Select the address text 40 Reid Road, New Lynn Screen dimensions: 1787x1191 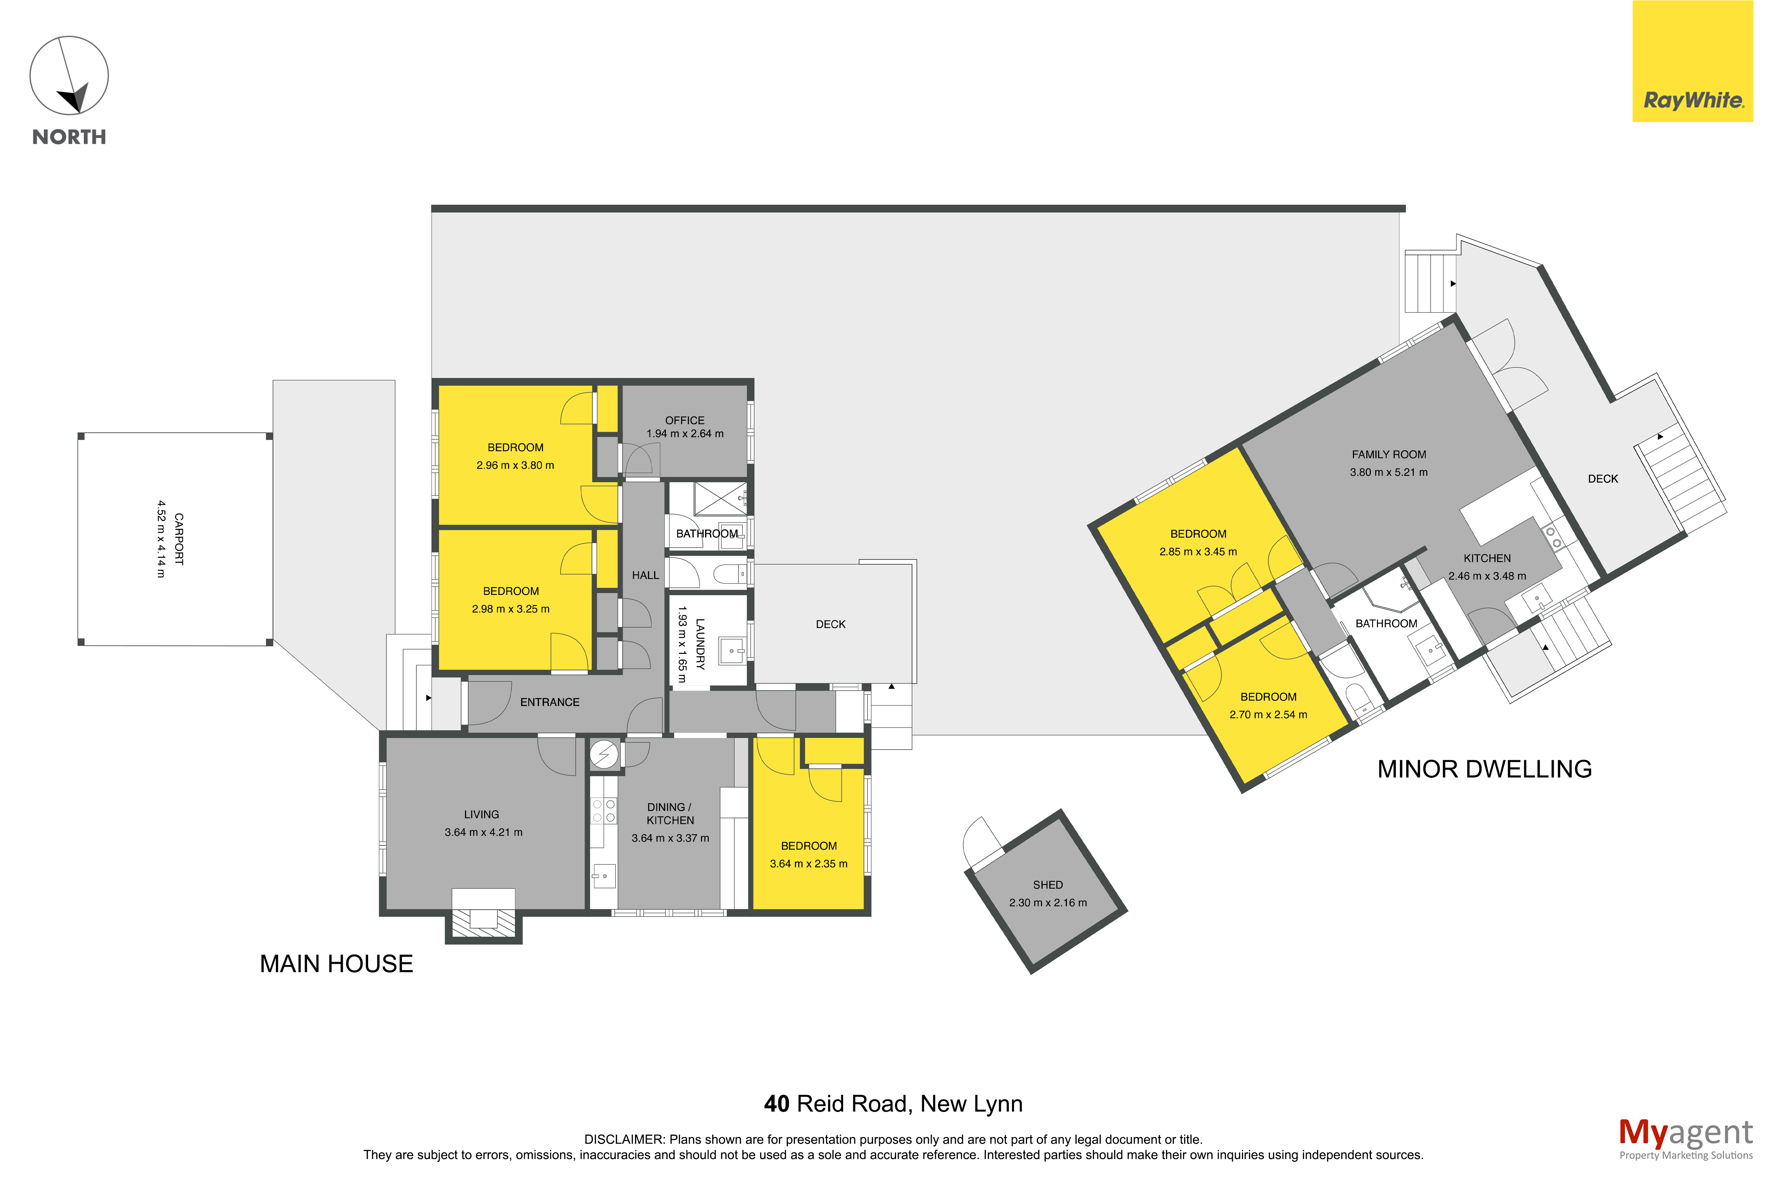click(893, 1104)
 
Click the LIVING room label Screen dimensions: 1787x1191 click(482, 814)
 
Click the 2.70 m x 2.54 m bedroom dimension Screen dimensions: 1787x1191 click(1268, 715)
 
